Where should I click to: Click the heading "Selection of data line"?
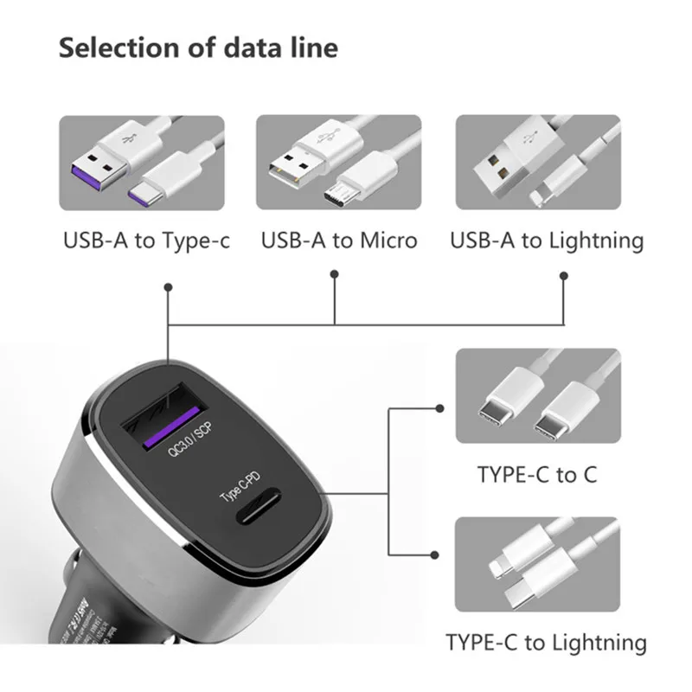198,48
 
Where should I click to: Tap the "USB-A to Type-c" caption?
146,240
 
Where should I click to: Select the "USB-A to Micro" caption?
339,240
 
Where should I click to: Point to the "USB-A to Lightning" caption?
547,240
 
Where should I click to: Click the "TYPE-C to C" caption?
536,474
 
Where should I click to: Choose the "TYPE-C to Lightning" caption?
546,643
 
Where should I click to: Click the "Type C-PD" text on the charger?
240,484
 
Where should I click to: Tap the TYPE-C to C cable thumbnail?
537,399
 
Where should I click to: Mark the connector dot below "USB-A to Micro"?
335,275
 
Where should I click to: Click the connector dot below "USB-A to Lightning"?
564,276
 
